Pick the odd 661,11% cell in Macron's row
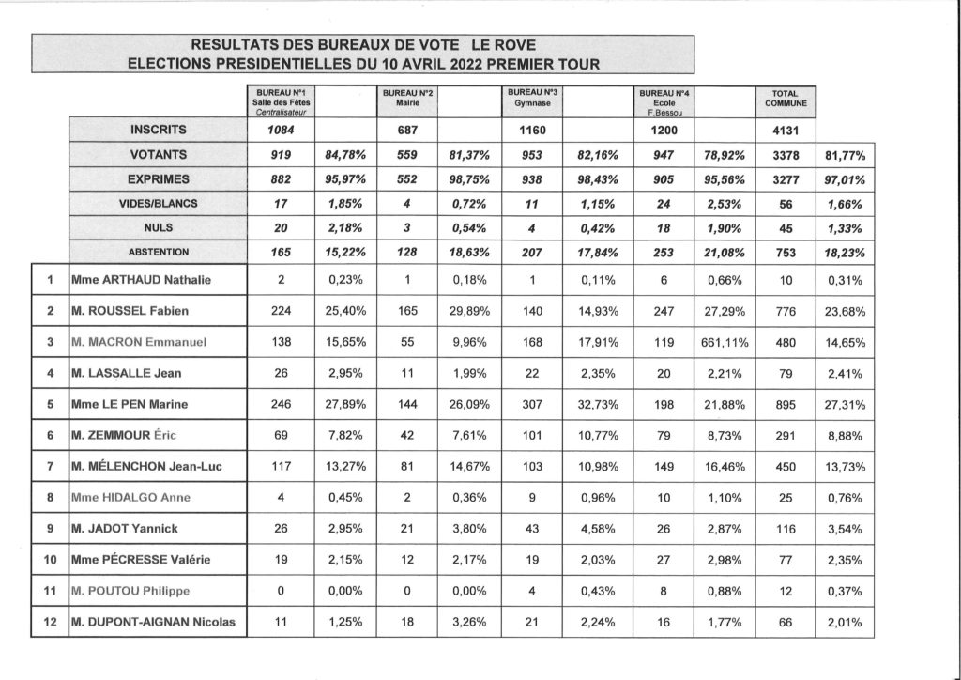[724, 342]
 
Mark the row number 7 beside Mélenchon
[49, 467]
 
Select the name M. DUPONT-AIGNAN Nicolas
[153, 622]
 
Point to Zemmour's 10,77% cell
[596, 436]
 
